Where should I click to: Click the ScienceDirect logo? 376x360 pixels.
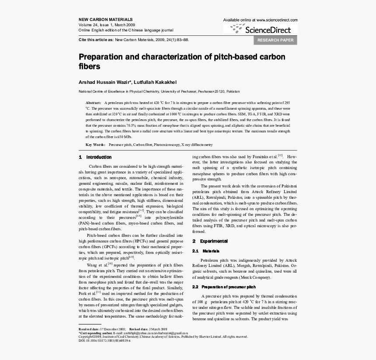pyautogui.click(x=261, y=30)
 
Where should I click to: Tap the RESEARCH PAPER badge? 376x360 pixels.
pyautogui.click(x=275, y=40)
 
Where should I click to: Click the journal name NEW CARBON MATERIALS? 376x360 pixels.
pyautogui.click(x=105, y=20)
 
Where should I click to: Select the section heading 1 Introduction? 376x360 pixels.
pyautogui.click(x=95, y=157)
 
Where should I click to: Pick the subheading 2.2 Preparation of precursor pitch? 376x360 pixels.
pyautogui.click(x=224, y=287)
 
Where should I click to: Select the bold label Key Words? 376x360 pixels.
pyautogui.click(x=95, y=145)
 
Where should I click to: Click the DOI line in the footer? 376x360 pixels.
pyautogui.click(x=104, y=340)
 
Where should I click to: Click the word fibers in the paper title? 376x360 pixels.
pyautogui.click(x=89, y=67)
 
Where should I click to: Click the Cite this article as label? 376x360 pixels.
pyautogui.click(x=96, y=40)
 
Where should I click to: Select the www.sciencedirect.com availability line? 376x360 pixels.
pyautogui.click(x=260, y=20)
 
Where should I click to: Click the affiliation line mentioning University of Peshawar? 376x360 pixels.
pyautogui.click(x=159, y=91)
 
